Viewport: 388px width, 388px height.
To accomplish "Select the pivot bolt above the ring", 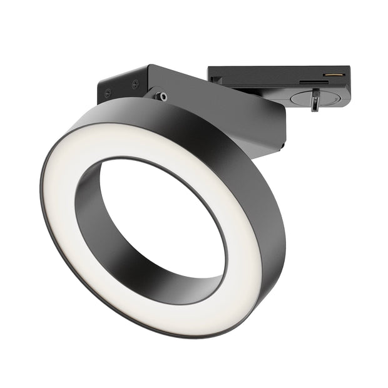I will tap(162, 96).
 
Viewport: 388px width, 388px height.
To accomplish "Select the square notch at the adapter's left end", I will tap(216, 79).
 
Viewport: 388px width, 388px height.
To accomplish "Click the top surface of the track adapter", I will tap(275, 70).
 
